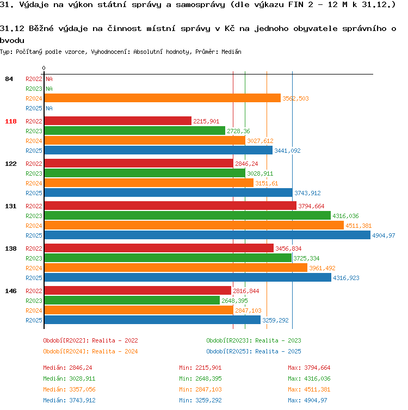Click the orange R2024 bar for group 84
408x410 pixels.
tap(163, 98)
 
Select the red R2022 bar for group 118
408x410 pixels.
tap(118, 121)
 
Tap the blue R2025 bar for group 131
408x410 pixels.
tap(207, 235)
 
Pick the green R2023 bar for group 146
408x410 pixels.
tap(132, 300)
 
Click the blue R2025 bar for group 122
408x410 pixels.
tap(169, 192)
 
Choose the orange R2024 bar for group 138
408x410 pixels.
tap(176, 268)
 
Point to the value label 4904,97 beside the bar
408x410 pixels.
tap(384, 235)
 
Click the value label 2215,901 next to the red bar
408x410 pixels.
tap(206, 121)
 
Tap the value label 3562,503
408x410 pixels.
tap(295, 98)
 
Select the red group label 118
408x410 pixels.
tap(11, 121)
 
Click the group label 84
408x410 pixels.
tap(9, 79)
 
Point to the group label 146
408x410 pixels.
tap(11, 291)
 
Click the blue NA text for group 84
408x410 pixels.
tap(49, 108)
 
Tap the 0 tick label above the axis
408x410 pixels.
tap(44, 68)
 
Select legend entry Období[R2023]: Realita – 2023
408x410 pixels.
tap(254, 340)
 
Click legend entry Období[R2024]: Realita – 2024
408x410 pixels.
tap(90, 351)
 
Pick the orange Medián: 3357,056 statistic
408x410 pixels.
tap(69, 389)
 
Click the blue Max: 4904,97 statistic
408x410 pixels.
tap(307, 400)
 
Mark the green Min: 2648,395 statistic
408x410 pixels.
tap(200, 378)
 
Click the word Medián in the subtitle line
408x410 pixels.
tap(231, 52)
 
